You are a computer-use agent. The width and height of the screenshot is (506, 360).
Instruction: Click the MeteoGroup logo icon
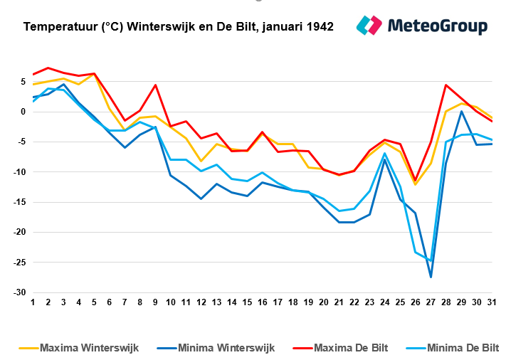369,26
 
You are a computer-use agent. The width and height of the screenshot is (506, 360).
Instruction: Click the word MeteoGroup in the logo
438,26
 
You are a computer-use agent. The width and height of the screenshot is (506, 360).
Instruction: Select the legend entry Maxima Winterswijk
89,348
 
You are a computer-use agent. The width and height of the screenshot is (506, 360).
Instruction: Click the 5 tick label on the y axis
23,82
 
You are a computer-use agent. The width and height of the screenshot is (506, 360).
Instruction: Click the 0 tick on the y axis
23,112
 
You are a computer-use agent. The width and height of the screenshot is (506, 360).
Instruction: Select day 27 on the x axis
431,302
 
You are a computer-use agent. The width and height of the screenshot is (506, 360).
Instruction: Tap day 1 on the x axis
33,302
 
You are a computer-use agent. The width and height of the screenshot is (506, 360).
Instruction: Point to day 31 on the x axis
492,302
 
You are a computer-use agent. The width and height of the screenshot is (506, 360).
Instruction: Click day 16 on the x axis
262,302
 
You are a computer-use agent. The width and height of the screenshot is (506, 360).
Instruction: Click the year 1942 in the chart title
319,27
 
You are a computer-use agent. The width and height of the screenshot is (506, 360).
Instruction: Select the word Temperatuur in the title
60,27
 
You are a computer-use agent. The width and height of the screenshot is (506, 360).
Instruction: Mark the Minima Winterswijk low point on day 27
431,277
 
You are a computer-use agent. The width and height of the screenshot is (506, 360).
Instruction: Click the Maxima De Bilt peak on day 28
446,85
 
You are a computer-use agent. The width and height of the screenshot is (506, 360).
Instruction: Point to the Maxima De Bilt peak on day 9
155,85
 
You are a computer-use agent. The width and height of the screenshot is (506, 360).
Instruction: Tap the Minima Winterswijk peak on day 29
461,111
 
